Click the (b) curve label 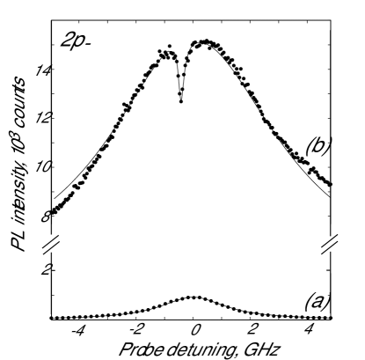(317, 147)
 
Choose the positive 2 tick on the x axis (252, 332)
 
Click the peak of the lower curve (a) (193, 297)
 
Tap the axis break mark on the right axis (332, 241)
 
